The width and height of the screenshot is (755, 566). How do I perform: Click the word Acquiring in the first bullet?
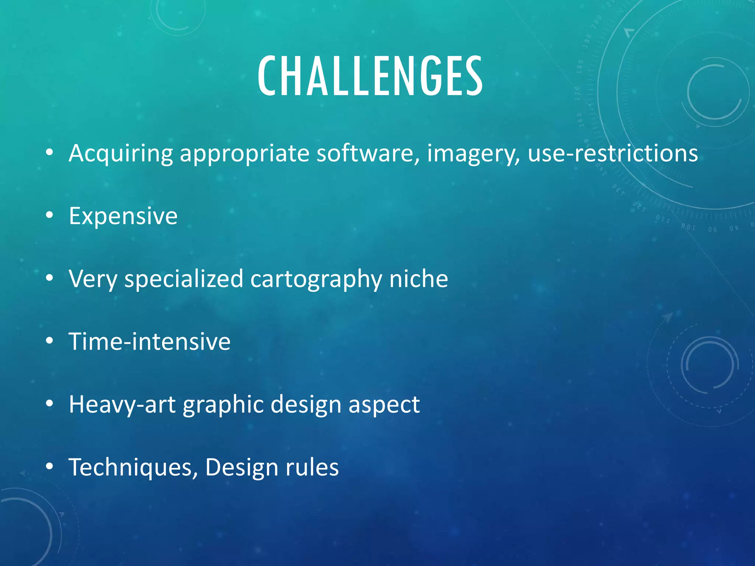pyautogui.click(x=121, y=153)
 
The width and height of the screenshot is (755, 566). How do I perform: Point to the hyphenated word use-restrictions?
pyautogui.click(x=613, y=153)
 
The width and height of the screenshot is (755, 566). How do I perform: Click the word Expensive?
pyautogui.click(x=123, y=216)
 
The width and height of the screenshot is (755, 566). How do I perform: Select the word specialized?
pyautogui.click(x=184, y=279)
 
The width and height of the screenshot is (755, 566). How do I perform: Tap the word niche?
pyautogui.click(x=419, y=279)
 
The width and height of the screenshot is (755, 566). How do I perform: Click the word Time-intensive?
pyautogui.click(x=150, y=342)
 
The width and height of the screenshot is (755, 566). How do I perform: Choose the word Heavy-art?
pyautogui.click(x=122, y=404)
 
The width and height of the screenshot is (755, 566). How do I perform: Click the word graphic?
pyautogui.click(x=223, y=404)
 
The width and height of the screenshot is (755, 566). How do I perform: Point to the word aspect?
pyautogui.click(x=384, y=404)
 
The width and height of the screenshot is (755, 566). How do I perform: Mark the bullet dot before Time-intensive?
pyautogui.click(x=49, y=341)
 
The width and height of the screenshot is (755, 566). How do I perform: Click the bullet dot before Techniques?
pyautogui.click(x=49, y=467)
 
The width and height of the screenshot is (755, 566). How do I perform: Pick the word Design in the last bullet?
pyautogui.click(x=241, y=467)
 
